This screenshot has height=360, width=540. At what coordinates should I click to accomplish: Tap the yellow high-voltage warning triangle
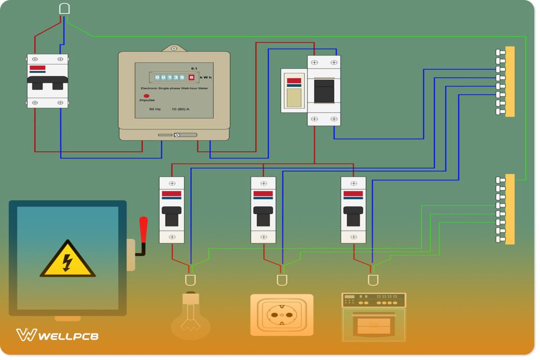[67, 260]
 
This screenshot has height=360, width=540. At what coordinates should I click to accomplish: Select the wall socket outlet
[282, 315]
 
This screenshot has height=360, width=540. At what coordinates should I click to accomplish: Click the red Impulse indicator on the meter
[146, 96]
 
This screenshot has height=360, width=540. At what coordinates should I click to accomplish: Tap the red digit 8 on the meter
[191, 77]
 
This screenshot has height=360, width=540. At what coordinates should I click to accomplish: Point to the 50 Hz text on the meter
[155, 109]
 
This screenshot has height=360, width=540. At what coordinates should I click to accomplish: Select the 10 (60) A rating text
[180, 109]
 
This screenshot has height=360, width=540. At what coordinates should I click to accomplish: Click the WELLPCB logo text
[68, 336]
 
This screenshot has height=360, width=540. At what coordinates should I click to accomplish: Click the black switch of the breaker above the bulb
[171, 216]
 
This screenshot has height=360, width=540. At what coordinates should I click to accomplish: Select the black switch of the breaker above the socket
[263, 216]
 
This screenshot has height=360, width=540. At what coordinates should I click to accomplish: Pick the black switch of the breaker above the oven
[353, 216]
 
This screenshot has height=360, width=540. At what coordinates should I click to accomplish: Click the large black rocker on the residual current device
[324, 91]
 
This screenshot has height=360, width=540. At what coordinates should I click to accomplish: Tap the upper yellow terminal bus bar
[509, 81]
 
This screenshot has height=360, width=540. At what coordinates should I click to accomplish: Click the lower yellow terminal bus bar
[509, 209]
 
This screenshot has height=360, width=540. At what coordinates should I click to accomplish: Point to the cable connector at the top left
[64, 9]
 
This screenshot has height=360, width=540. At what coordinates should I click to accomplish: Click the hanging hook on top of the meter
[174, 48]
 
